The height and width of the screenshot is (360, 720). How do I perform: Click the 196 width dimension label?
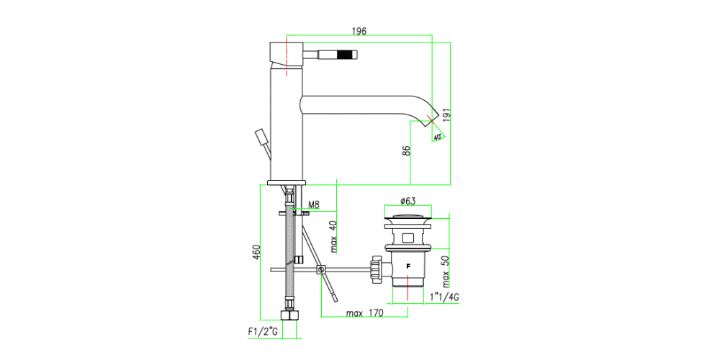359,31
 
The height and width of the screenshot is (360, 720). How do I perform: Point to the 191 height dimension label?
447,114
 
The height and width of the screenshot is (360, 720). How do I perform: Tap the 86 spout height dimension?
406,151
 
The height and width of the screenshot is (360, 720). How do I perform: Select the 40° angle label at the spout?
437,137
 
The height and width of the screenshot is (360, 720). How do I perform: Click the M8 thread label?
314,204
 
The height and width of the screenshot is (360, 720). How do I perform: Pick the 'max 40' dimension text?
333,236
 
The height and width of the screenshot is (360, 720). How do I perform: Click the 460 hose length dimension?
256,252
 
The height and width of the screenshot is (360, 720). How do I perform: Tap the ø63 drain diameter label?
408,201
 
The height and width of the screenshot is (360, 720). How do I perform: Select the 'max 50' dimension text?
446,270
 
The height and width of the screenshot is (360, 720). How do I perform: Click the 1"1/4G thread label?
444,297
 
